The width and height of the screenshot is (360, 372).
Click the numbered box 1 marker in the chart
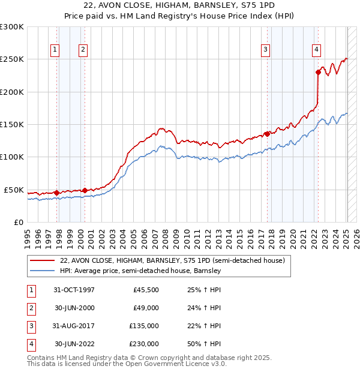(55, 50)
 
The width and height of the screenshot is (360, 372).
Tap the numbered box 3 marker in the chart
(265, 50)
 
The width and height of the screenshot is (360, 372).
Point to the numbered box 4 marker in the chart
(316, 50)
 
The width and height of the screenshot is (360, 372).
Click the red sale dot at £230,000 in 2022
(318, 72)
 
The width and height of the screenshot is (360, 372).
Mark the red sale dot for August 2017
(267, 134)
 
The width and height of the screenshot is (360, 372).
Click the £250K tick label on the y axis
(11, 59)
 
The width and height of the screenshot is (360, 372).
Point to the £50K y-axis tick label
(14, 190)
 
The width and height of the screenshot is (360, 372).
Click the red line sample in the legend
(42, 261)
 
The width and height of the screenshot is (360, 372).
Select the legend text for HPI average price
(140, 271)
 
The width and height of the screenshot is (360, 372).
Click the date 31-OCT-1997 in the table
(74, 290)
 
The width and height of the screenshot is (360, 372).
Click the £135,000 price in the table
(144, 326)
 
